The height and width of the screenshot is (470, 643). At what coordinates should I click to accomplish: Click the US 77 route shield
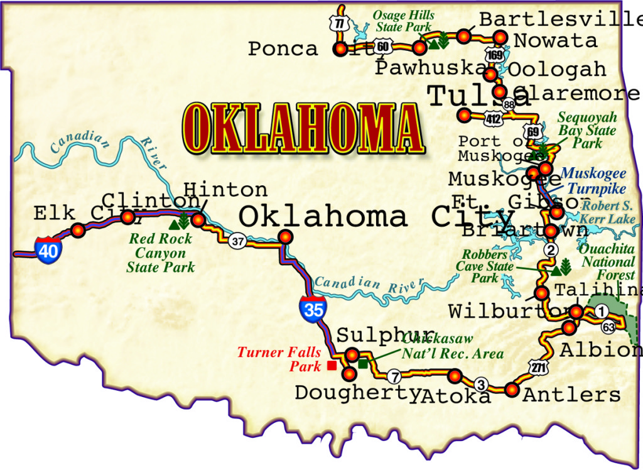click(340, 24)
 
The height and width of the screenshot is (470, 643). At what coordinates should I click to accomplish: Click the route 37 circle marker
click(237, 240)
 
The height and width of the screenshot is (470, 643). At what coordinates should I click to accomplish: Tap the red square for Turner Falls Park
click(332, 365)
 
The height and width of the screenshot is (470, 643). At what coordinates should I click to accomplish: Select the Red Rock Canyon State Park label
click(161, 253)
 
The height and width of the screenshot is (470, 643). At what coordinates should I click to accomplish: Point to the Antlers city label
click(571, 395)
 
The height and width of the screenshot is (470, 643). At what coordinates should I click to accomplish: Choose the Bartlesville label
click(559, 19)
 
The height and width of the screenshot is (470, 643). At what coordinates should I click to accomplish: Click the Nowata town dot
click(500, 36)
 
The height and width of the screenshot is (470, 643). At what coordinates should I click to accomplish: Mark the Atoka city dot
click(455, 376)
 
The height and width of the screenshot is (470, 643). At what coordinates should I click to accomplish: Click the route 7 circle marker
click(394, 377)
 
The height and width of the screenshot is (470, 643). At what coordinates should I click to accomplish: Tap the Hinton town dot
click(198, 219)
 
